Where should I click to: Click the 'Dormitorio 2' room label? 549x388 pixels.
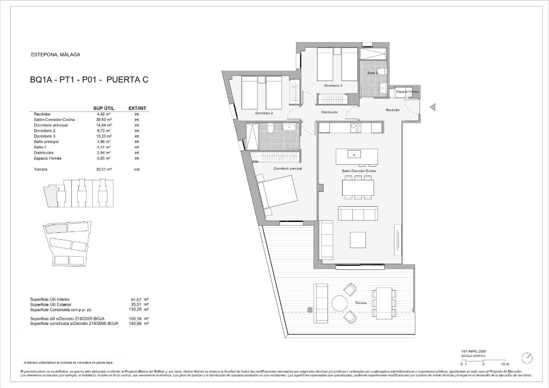coord(264,113)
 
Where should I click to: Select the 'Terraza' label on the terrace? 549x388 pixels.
coord(361,303)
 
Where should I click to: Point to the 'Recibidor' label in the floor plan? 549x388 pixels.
coord(393,110)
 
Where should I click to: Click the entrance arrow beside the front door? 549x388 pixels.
coord(432,108)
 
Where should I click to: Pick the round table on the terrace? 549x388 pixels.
coord(340,303)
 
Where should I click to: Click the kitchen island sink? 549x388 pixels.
coord(354,154)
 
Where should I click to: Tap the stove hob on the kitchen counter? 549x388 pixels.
coord(356,128)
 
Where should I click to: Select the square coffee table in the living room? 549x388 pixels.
coord(358,239)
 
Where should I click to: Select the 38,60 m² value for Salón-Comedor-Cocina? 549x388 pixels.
coord(104,119)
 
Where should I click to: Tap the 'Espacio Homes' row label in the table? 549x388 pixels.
coord(48,158)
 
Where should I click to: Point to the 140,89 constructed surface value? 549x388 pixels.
coord(137,323)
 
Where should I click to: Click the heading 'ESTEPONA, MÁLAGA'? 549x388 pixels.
coord(55,54)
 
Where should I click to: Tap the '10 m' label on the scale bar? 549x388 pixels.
coord(505,364)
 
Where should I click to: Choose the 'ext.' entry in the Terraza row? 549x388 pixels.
coord(137,169)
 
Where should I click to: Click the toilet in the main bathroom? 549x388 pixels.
coord(270,129)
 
